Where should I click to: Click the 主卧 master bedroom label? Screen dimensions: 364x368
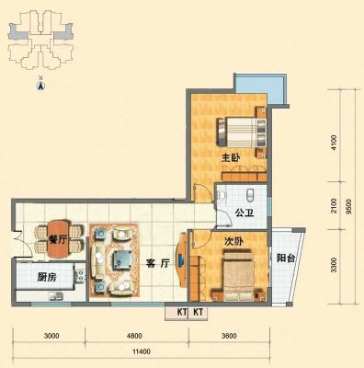(x=231, y=158)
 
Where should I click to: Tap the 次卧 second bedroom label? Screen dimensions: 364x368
(x=233, y=242)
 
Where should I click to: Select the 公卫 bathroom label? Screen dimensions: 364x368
(x=245, y=213)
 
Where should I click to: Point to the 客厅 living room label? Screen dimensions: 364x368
(x=158, y=263)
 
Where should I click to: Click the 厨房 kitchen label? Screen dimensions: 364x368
(x=47, y=278)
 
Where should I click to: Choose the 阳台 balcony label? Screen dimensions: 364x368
(x=286, y=259)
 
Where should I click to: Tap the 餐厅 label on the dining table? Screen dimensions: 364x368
(x=58, y=239)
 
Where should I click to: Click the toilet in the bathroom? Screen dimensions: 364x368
(x=250, y=194)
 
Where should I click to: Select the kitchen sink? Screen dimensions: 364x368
(x=55, y=296)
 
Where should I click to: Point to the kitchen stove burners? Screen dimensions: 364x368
(x=79, y=275)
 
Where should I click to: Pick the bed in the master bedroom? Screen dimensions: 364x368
(x=242, y=132)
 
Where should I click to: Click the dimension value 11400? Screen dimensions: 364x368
(x=142, y=351)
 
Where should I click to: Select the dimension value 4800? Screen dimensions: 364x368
(x=134, y=336)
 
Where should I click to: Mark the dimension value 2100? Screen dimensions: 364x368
(x=334, y=206)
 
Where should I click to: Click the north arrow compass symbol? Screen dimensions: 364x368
(x=40, y=85)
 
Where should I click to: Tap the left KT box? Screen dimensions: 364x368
(x=176, y=313)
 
